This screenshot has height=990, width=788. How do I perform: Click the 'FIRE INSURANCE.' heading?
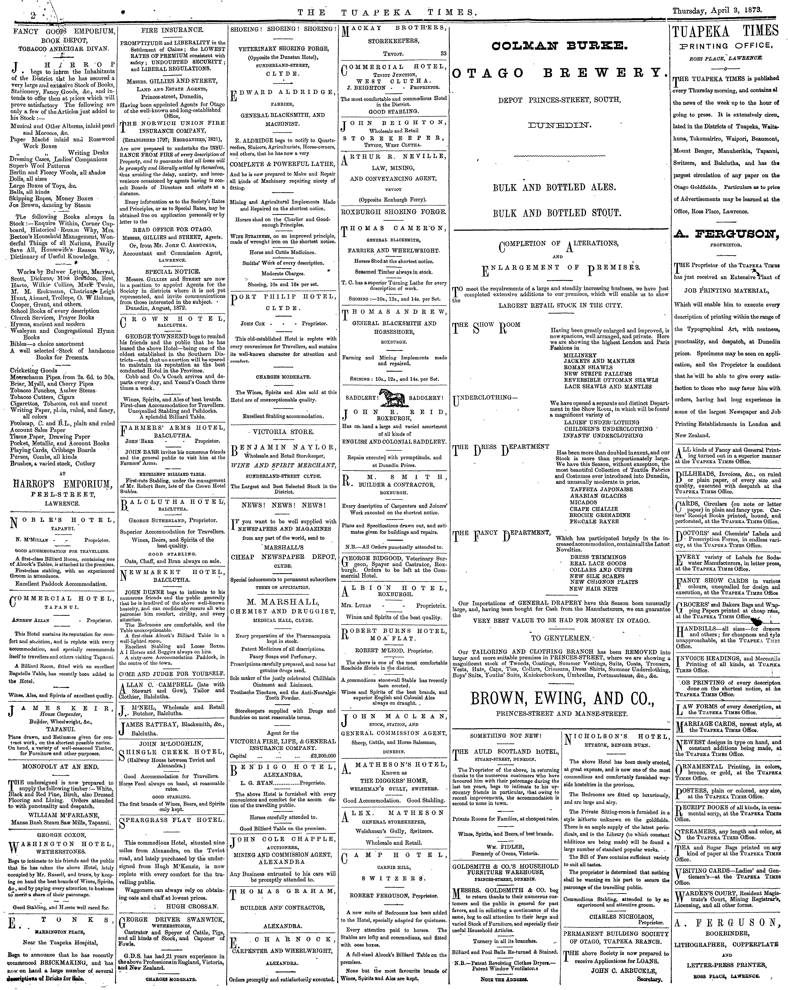(172, 30)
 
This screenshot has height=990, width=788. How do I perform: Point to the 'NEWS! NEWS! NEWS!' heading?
(283, 505)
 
